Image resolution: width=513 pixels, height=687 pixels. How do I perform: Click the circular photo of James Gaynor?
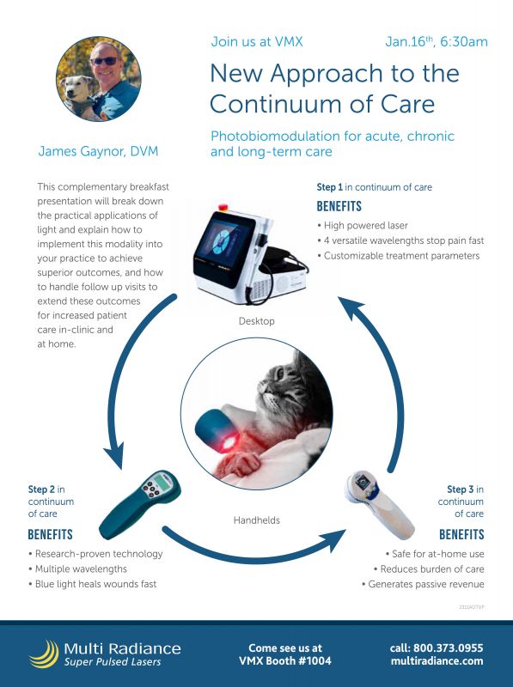(97, 78)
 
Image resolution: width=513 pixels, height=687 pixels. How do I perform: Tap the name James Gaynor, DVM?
(98, 151)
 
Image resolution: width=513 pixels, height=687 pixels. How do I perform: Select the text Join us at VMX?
(257, 41)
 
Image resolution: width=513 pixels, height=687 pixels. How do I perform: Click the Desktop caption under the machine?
(257, 321)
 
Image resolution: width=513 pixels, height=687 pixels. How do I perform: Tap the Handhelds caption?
(257, 520)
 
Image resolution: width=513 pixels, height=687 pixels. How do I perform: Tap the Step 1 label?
(329, 187)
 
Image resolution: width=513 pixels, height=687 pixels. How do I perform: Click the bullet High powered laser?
(363, 226)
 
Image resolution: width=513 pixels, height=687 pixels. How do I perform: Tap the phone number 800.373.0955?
(449, 647)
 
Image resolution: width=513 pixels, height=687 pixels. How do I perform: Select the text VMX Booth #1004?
(284, 661)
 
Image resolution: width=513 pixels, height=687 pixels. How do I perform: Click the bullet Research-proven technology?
(96, 554)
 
